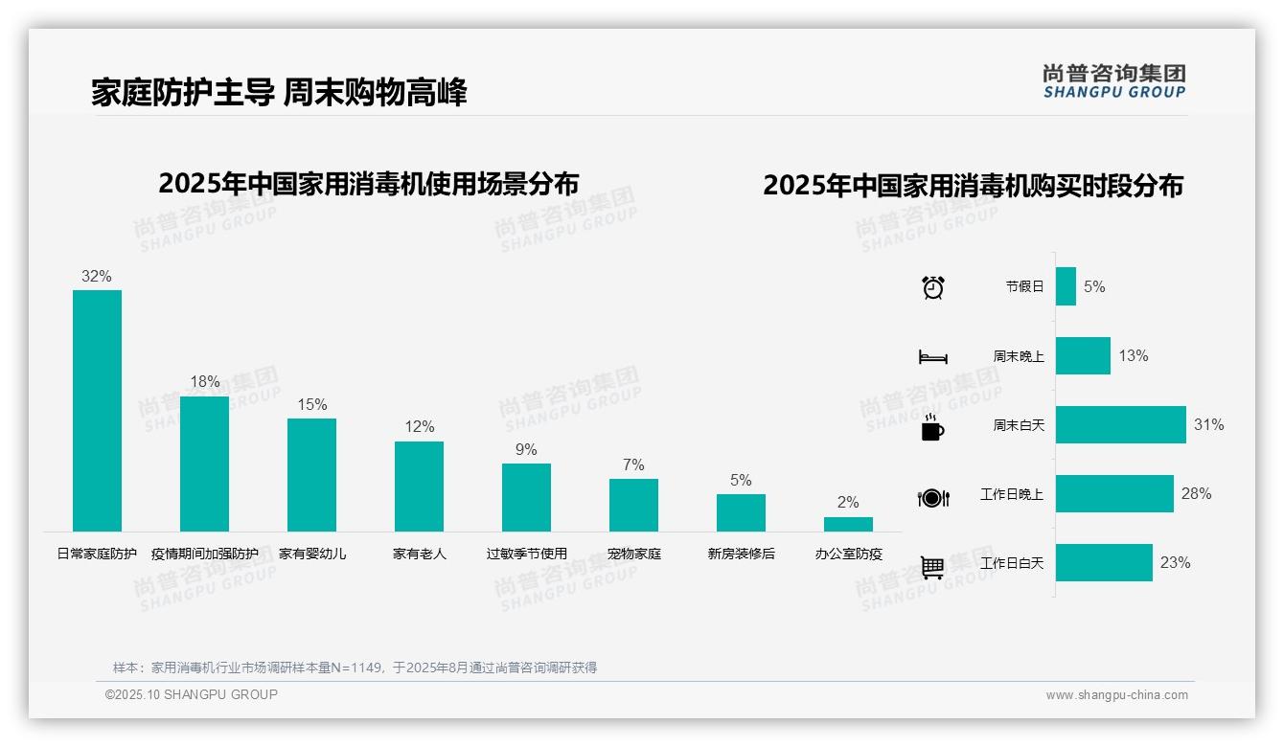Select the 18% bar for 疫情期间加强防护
[205, 464]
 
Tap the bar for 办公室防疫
[848, 524]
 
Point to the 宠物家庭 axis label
[634, 554]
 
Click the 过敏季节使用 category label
[526, 554]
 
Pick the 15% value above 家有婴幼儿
[312, 404]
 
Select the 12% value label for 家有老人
[420, 427]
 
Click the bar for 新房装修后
[741, 512]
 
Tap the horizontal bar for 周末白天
[1120, 424]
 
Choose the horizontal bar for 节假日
[1066, 286]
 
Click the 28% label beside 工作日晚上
[1196, 493]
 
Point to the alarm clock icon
[933, 286]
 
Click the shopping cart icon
[932, 567]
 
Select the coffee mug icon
[932, 427]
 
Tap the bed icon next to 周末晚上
[932, 357]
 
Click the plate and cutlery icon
[933, 497]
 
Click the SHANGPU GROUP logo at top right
[1114, 81]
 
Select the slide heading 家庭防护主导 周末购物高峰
[279, 93]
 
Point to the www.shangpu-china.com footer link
[1116, 695]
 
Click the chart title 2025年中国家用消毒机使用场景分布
[369, 184]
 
